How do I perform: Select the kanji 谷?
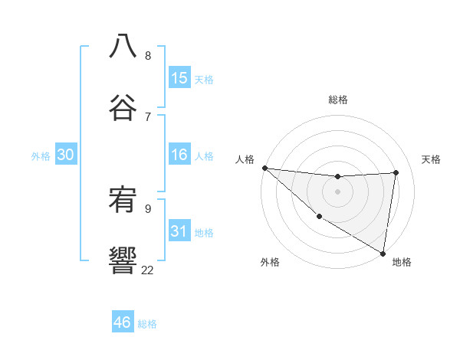123,106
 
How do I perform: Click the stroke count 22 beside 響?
147,270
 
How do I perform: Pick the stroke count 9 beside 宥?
148,208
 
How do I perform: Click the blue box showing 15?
179,78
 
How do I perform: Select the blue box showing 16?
179,155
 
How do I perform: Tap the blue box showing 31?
179,231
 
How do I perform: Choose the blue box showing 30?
66,155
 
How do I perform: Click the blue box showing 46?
123,322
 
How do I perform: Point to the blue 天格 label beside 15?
204,80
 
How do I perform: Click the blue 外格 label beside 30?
41,156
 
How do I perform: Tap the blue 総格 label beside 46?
147,324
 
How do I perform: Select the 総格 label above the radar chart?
338,100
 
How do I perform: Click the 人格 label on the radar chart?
245,159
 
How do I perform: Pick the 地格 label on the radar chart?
402,262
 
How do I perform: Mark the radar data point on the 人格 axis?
264,168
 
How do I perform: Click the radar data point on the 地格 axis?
383,252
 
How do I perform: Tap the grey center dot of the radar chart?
337,191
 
